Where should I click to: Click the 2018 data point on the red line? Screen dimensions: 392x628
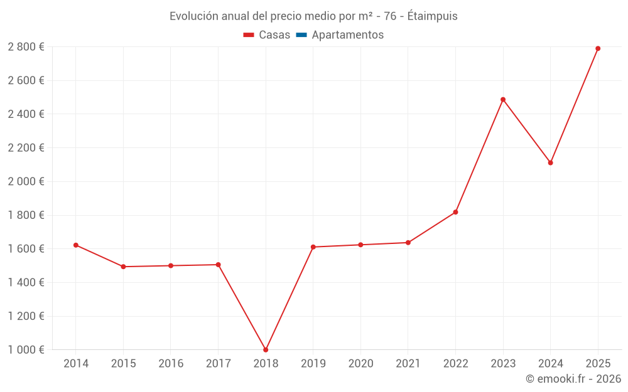pyautogui.click(x=266, y=350)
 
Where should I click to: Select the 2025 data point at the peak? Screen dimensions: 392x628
pyautogui.click(x=598, y=48)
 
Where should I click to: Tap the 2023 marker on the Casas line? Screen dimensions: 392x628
pyautogui.click(x=503, y=99)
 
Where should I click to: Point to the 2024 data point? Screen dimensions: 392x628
pyautogui.click(x=550, y=162)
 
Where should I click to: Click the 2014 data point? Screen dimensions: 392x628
pyautogui.click(x=76, y=245)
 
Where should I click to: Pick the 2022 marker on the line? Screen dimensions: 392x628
pyautogui.click(x=455, y=212)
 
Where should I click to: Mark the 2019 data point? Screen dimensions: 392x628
pyautogui.click(x=313, y=247)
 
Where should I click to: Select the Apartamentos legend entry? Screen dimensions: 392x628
pyautogui.click(x=347, y=35)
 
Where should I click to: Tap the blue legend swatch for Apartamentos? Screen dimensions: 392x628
pyautogui.click(x=300, y=35)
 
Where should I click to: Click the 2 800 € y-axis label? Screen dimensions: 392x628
pyautogui.click(x=26, y=46)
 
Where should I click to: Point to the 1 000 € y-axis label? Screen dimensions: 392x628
pyautogui.click(x=26, y=350)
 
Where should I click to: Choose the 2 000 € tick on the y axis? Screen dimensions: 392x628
pyautogui.click(x=26, y=181)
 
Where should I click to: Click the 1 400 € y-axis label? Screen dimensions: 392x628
pyautogui.click(x=26, y=282)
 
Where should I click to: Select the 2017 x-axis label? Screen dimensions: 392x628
pyautogui.click(x=218, y=364)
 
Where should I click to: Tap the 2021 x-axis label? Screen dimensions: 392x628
pyautogui.click(x=408, y=364)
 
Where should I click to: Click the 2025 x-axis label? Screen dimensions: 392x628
pyautogui.click(x=598, y=364)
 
